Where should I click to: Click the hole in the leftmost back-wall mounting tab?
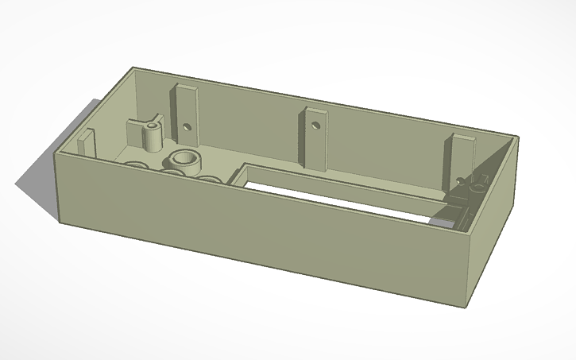click(187, 126)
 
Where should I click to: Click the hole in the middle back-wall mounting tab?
click(315, 126)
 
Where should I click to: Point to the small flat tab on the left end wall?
click(86, 143)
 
